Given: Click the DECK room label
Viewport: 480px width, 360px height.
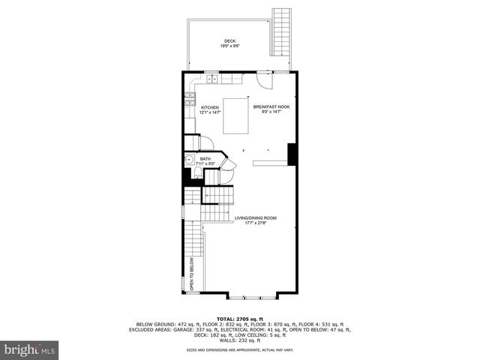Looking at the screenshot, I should (229, 41).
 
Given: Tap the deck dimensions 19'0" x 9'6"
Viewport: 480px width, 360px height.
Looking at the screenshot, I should (229, 46).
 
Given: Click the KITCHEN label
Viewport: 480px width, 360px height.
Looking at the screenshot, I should (210, 107).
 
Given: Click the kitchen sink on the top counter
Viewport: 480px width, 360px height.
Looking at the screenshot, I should (212, 78).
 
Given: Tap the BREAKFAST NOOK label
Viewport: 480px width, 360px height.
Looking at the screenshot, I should (271, 107).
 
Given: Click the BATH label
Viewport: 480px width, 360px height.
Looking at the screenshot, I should (205, 158).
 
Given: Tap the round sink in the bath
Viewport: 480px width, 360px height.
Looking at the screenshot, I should (188, 159).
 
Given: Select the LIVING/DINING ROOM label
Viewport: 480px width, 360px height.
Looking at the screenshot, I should (250, 218).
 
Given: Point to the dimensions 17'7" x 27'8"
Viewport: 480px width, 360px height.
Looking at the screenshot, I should (250, 223).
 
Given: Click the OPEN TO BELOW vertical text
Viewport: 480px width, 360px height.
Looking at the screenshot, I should (192, 274).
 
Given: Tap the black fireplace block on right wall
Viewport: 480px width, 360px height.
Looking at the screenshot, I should (293, 153).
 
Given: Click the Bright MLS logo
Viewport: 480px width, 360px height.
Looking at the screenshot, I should (30, 349).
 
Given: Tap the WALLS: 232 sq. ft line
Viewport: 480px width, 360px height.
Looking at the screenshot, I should (240, 341).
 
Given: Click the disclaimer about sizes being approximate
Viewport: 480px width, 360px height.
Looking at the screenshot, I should (240, 350).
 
